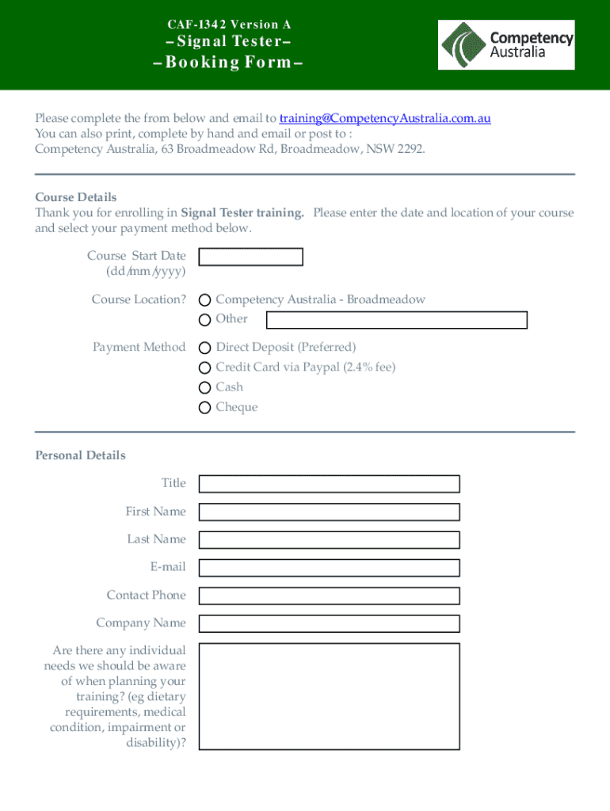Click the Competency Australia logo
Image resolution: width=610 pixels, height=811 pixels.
click(x=506, y=44)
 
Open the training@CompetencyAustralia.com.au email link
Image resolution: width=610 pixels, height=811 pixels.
click(x=385, y=118)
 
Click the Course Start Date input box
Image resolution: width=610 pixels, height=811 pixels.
click(x=250, y=257)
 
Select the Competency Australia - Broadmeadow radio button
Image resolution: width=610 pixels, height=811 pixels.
click(x=205, y=300)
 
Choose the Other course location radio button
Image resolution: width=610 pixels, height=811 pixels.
click(x=205, y=320)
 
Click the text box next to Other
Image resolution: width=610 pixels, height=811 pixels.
click(x=396, y=320)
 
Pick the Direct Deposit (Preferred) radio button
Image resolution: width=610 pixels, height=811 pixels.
click(x=205, y=348)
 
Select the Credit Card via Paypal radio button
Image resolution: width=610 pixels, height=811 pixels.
click(x=205, y=367)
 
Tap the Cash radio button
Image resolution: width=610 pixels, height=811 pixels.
click(x=205, y=387)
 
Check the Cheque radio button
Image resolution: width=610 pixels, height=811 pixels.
click(x=205, y=407)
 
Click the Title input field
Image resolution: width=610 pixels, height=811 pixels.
click(x=329, y=484)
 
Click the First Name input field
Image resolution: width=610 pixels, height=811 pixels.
click(x=329, y=512)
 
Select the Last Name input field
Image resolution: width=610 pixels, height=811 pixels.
click(x=329, y=539)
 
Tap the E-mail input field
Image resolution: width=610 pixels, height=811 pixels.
click(x=329, y=567)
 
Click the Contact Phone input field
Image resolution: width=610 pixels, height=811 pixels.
click(x=329, y=596)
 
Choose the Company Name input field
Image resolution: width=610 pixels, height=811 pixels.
click(x=329, y=623)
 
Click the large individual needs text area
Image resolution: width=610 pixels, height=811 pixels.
click(x=329, y=696)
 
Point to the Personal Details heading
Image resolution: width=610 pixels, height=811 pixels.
click(x=80, y=455)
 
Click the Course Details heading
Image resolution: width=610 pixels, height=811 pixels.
click(x=76, y=197)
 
